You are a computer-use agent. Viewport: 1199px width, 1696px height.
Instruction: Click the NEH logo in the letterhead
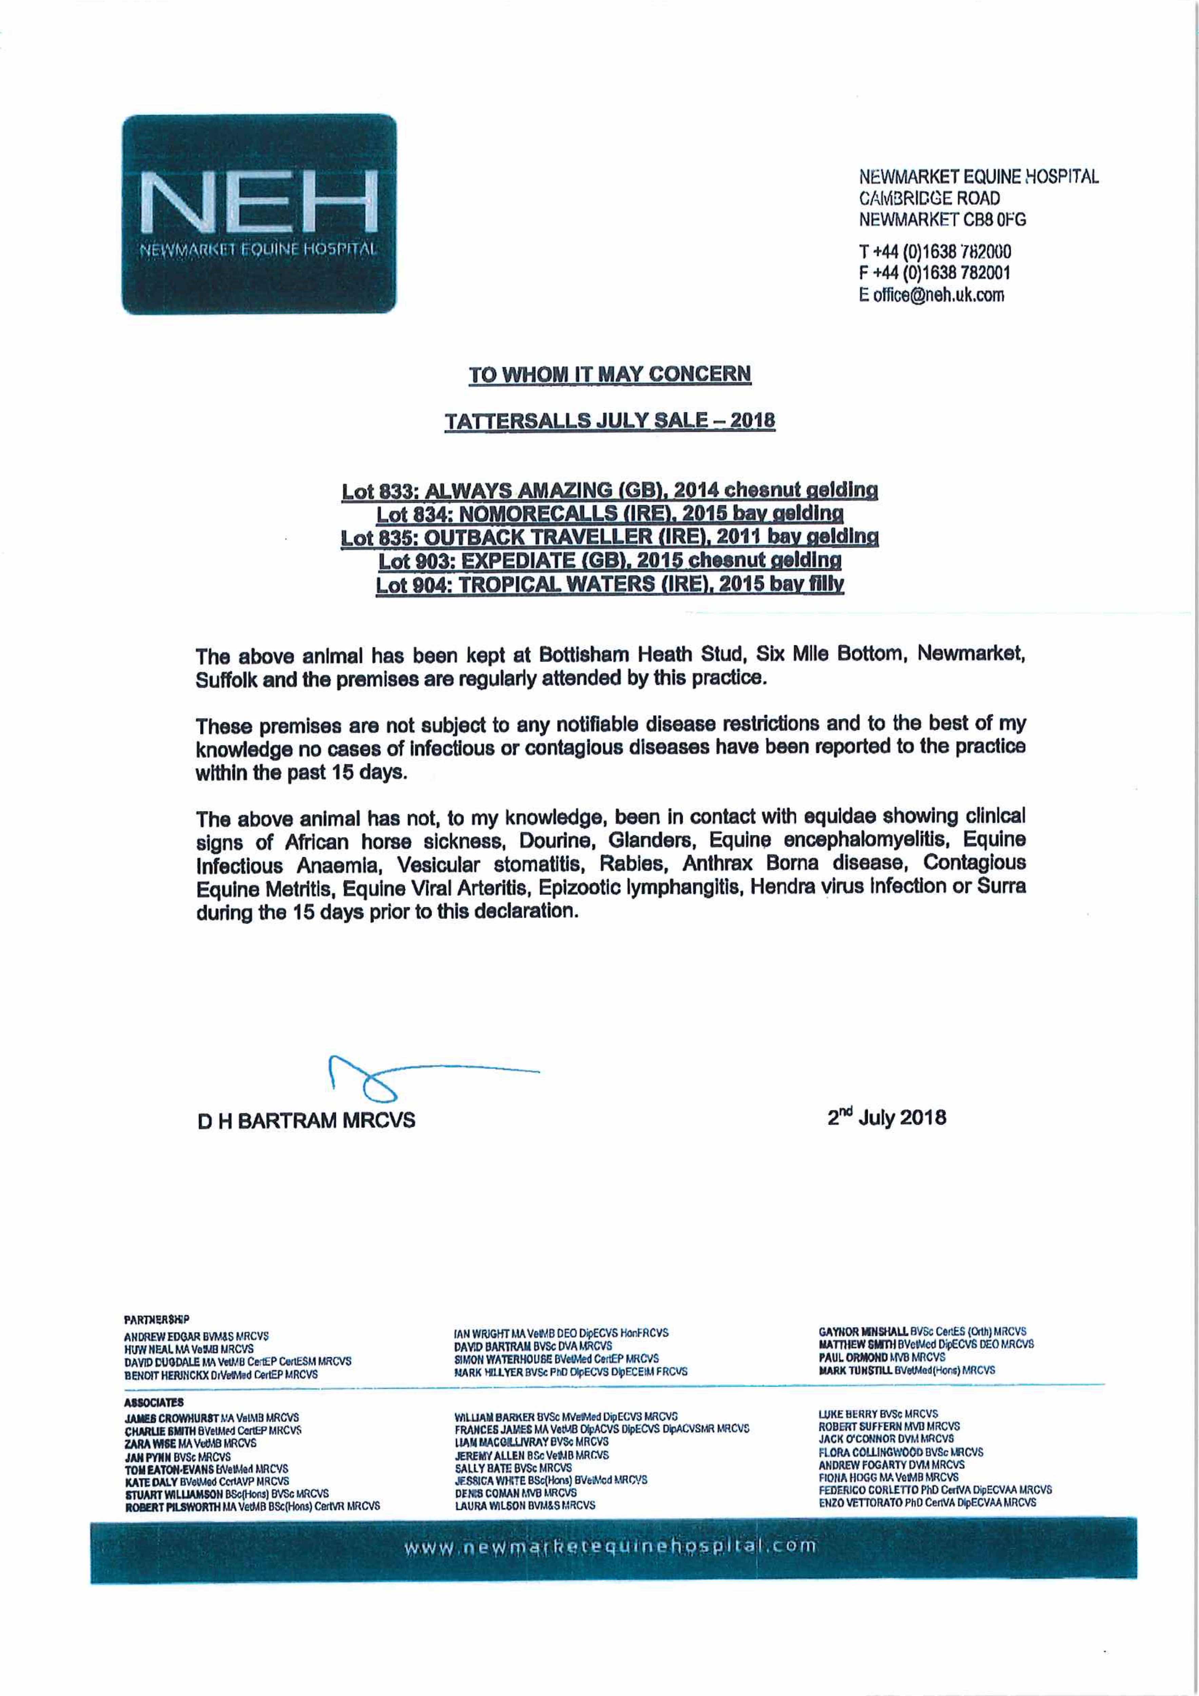(258, 214)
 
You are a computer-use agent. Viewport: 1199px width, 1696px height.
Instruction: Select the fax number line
(934, 273)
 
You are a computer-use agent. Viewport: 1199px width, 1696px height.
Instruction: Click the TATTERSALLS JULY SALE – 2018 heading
(610, 421)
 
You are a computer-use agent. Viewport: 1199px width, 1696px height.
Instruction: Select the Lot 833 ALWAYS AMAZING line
(610, 490)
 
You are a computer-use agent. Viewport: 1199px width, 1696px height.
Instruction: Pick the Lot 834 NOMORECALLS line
(610, 514)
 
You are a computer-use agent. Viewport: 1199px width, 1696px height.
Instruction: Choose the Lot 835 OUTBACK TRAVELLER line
(610, 537)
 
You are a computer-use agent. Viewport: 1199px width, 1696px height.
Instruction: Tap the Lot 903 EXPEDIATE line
(610, 561)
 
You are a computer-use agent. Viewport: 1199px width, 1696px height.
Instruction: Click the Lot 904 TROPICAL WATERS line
(610, 584)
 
